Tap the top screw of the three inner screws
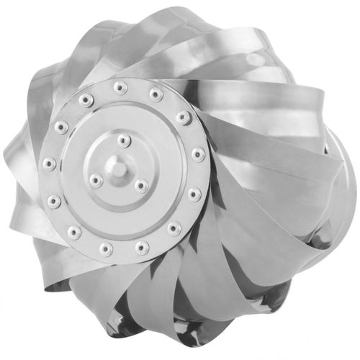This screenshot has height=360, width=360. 125,140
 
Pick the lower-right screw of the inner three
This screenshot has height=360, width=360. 142,186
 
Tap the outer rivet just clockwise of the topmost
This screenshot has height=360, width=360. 155,94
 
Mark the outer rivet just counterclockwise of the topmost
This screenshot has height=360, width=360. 86,99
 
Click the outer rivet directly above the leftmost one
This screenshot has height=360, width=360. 62,128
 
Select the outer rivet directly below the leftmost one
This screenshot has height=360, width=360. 54,201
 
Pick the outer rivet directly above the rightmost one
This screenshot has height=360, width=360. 184,117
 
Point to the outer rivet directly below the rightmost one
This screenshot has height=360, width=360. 194,194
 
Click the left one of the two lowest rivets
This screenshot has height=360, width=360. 107,249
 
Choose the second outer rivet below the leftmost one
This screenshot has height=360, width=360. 73,232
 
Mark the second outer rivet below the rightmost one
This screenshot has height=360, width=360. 174,229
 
